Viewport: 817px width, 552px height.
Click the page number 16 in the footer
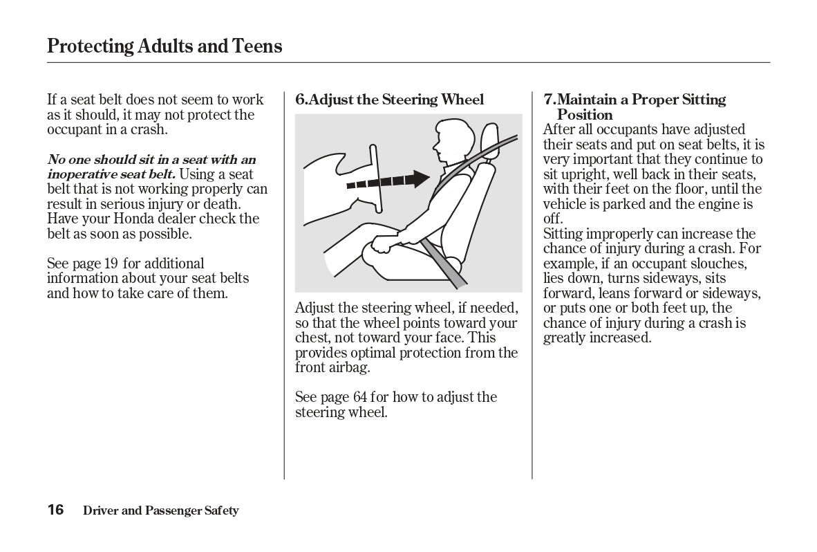click(55, 510)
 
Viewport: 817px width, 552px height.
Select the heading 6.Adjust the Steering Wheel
click(389, 100)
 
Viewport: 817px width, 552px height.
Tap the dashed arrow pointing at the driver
click(388, 181)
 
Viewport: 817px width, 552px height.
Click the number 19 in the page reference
click(111, 264)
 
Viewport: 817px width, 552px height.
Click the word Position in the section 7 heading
click(585, 115)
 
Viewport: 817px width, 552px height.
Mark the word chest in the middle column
click(312, 338)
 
